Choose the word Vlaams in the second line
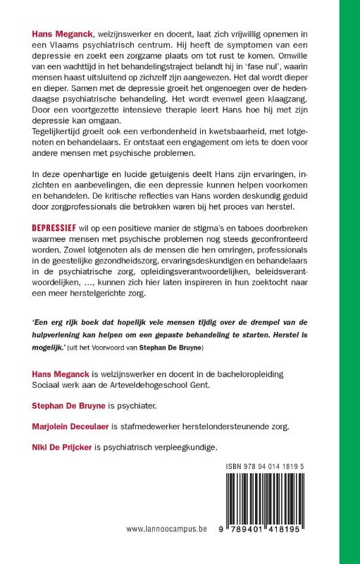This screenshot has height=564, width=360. pyautogui.click(x=69, y=46)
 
